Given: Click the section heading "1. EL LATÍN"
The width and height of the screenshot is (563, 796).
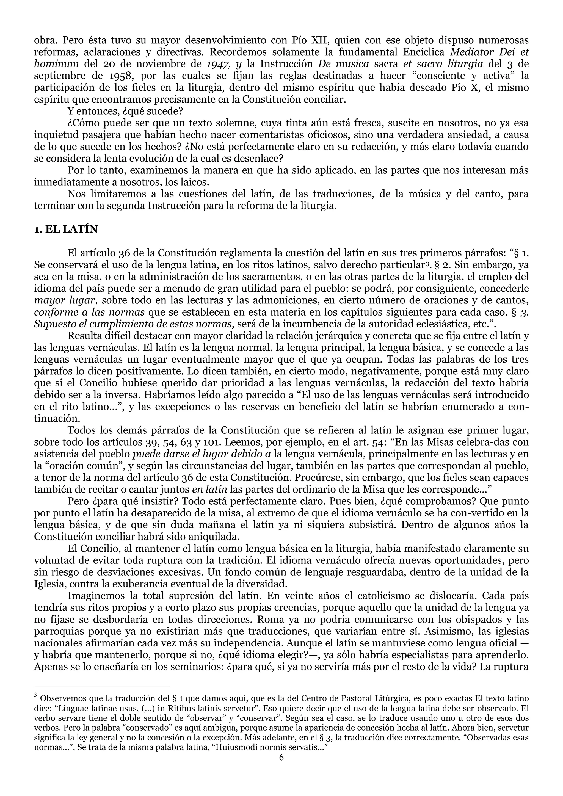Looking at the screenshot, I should point(66,230).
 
